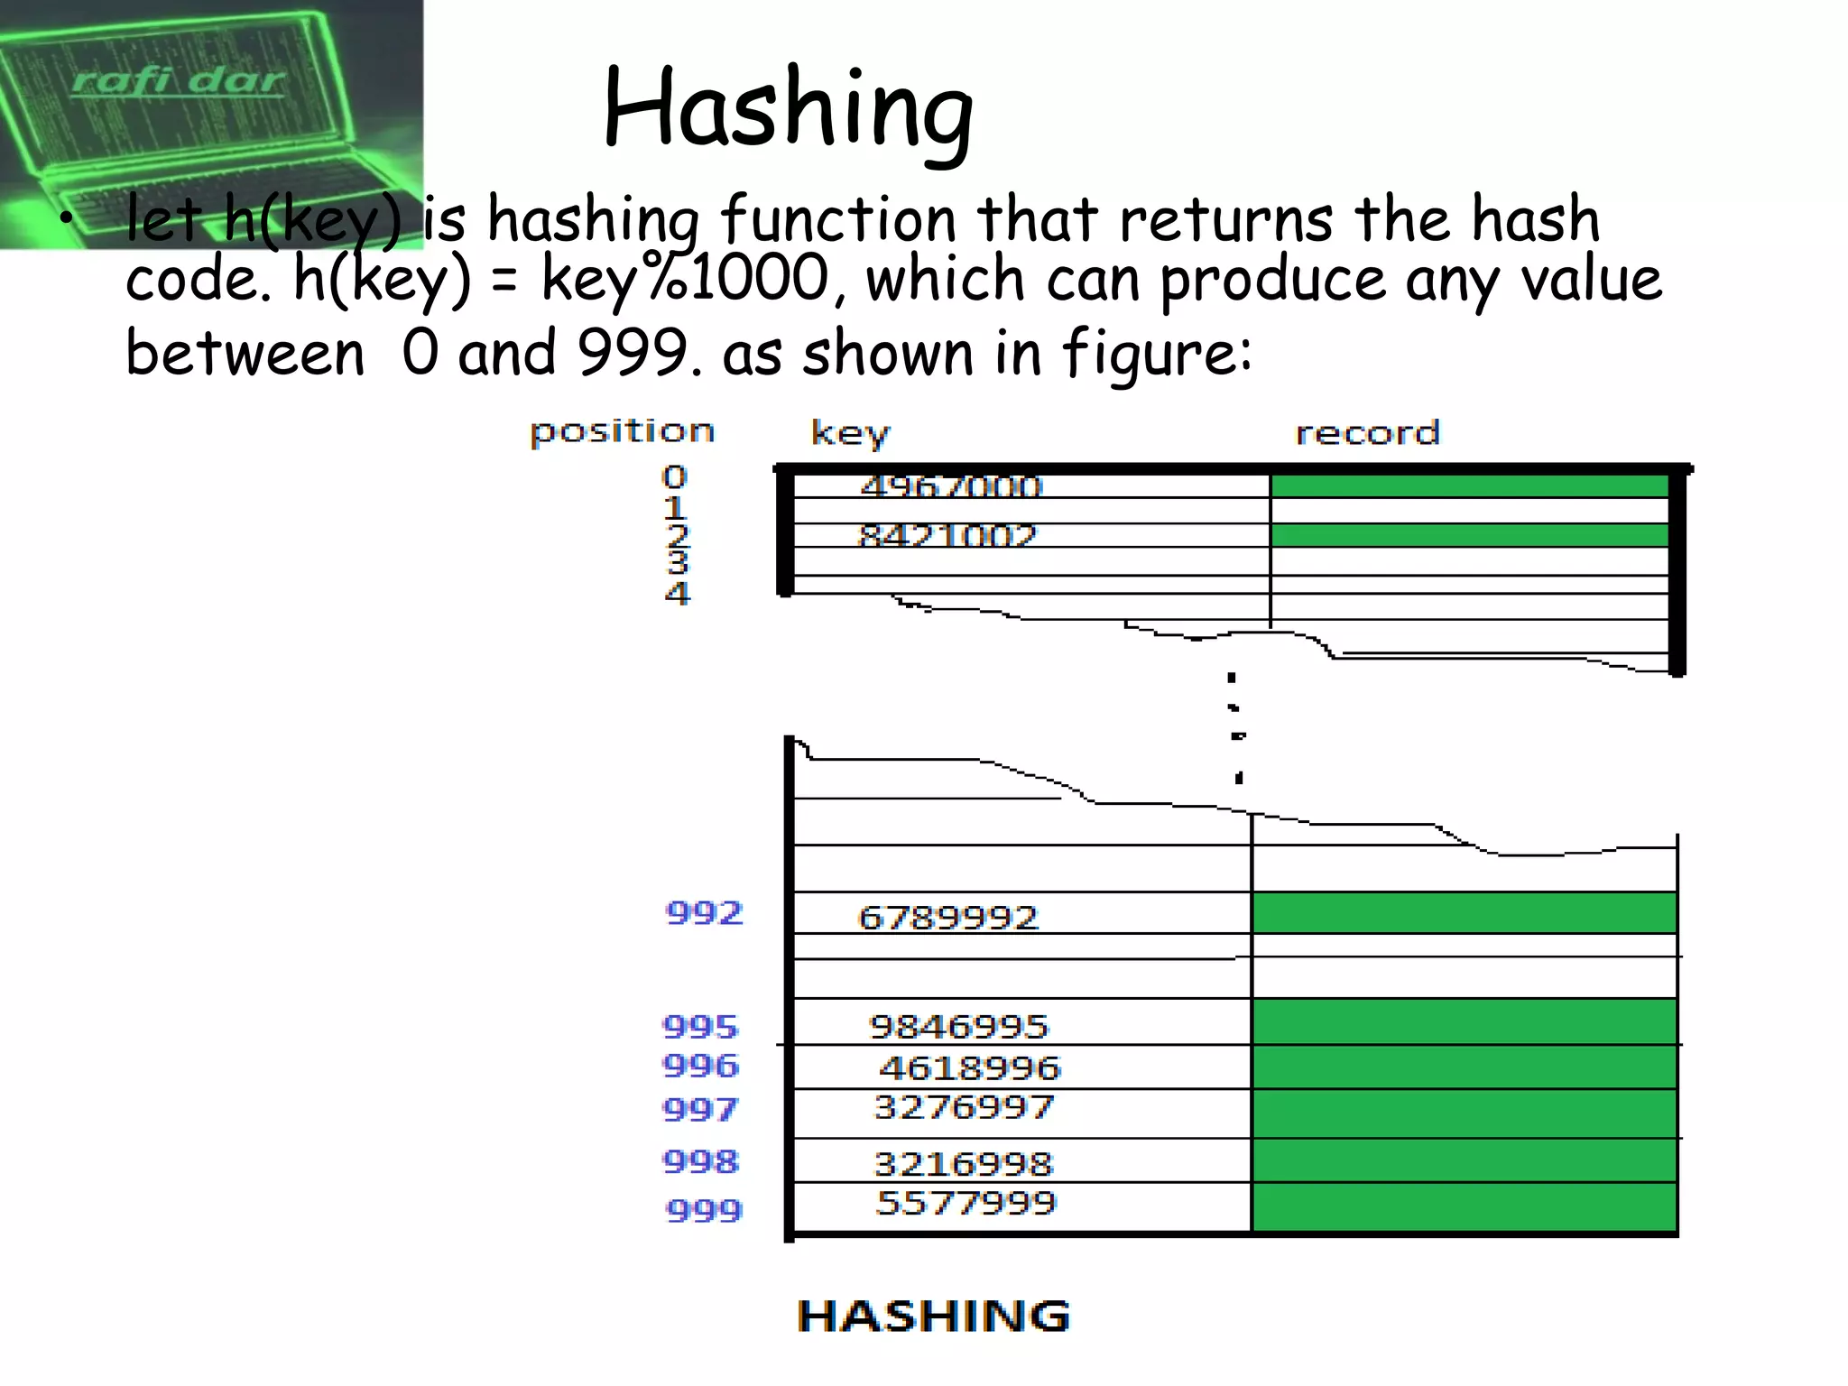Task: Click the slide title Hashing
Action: pos(788,108)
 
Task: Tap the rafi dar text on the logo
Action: pos(179,81)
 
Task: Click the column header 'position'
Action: pos(622,431)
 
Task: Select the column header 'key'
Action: pos(850,433)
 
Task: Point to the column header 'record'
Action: pos(1367,433)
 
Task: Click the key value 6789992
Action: pos(948,918)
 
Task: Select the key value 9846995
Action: pos(958,1026)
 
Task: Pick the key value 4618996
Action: pos(970,1068)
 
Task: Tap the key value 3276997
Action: pos(964,1107)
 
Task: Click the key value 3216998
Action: pos(963,1164)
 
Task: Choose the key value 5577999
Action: pos(966,1203)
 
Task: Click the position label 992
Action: pos(704,913)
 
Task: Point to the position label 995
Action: pos(700,1026)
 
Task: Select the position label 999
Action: pos(704,1209)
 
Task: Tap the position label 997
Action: pos(700,1108)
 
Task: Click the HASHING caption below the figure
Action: pos(934,1316)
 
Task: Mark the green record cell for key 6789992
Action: pos(1464,912)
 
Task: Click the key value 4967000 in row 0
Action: pos(951,486)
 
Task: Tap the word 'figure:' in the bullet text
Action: pos(1157,354)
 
